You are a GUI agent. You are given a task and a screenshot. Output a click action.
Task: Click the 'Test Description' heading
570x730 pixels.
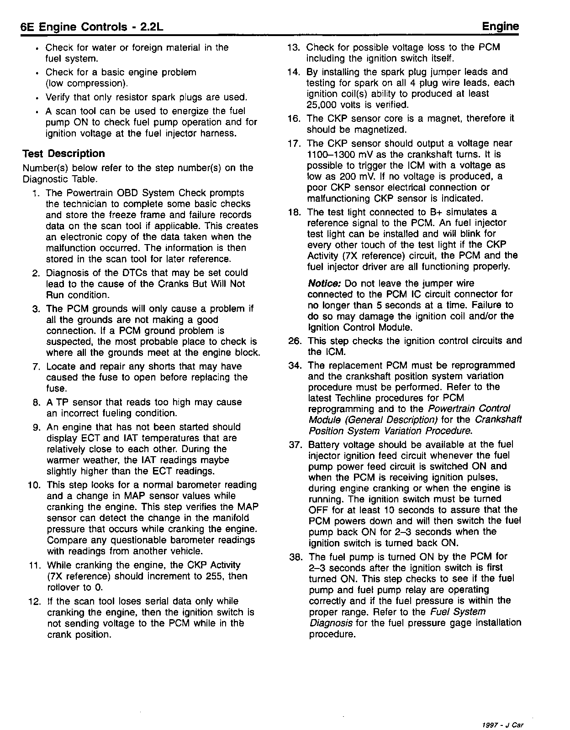pyautogui.click(x=63, y=154)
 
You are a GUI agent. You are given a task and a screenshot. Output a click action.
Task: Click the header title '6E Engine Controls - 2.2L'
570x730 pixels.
pyautogui.click(x=92, y=27)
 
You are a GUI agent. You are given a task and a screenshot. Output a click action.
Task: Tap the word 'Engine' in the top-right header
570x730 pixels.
pyautogui.click(x=501, y=26)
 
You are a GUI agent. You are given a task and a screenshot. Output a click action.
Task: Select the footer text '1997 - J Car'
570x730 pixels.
pyautogui.click(x=502, y=712)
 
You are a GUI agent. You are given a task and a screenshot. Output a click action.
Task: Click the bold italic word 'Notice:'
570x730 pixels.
pyautogui.click(x=325, y=283)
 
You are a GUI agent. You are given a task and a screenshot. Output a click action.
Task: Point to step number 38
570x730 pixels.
pyautogui.click(x=297, y=557)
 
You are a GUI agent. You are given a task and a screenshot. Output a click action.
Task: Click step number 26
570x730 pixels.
pyautogui.click(x=297, y=341)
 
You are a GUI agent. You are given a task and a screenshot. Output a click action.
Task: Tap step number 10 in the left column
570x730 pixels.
pyautogui.click(x=35, y=485)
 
